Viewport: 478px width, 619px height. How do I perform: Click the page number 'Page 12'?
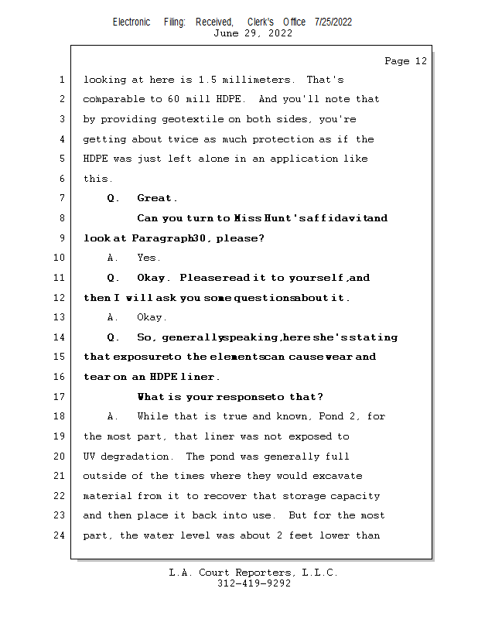[405, 61]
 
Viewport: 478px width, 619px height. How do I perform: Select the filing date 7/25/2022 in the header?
[333, 22]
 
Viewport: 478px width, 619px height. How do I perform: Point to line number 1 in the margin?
[61, 80]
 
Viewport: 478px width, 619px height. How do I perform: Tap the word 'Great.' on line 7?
[157, 199]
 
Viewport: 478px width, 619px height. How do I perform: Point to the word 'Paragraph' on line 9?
[163, 238]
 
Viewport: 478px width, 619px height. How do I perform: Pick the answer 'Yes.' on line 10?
[149, 258]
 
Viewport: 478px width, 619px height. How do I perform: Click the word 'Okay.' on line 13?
[152, 317]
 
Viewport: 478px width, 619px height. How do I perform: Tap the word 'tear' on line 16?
[97, 377]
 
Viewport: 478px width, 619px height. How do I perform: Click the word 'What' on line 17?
[151, 397]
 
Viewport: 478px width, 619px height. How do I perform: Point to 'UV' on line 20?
[89, 457]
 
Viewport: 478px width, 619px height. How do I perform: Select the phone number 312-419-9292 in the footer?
[254, 584]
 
